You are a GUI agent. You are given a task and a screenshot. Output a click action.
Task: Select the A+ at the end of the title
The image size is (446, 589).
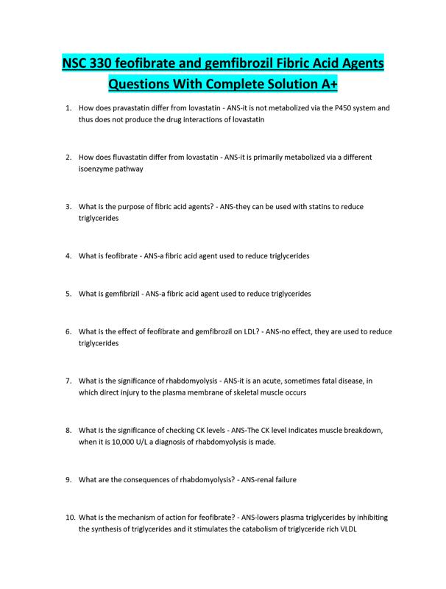click(328, 84)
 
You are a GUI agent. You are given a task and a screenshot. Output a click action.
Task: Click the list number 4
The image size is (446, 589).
click(68, 256)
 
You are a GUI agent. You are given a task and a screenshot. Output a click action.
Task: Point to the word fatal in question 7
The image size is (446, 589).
click(301, 381)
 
